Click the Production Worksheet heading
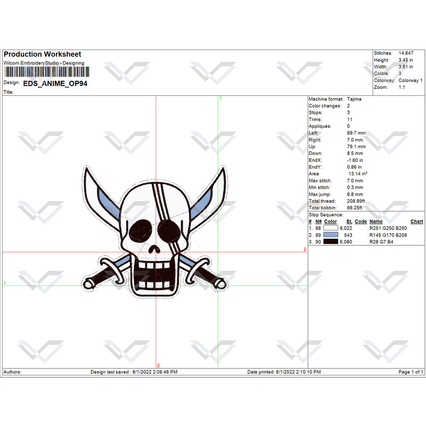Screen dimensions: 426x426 (x=43, y=54)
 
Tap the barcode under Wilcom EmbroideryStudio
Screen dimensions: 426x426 (x=47, y=72)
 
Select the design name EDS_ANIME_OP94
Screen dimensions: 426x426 (x=55, y=84)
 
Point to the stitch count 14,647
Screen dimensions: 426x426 (x=406, y=53)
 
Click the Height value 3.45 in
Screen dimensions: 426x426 (x=406, y=60)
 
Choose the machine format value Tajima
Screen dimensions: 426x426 (x=354, y=99)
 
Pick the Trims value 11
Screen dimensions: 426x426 (x=350, y=119)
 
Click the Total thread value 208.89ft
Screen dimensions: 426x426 (x=356, y=201)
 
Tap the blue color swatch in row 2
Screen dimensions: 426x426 (x=331, y=235)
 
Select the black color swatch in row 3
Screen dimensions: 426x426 (x=331, y=242)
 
